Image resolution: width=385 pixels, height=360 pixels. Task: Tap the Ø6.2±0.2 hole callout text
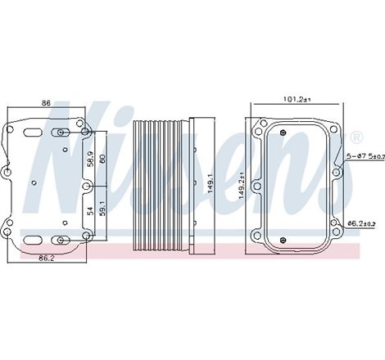(x=360, y=223)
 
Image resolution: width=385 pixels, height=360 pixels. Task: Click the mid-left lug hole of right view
(x=257, y=187)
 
